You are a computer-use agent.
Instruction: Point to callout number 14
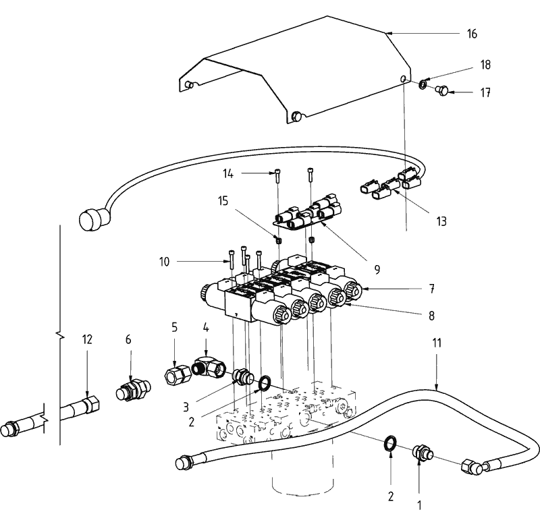228,174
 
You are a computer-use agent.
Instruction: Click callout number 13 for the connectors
441,221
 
